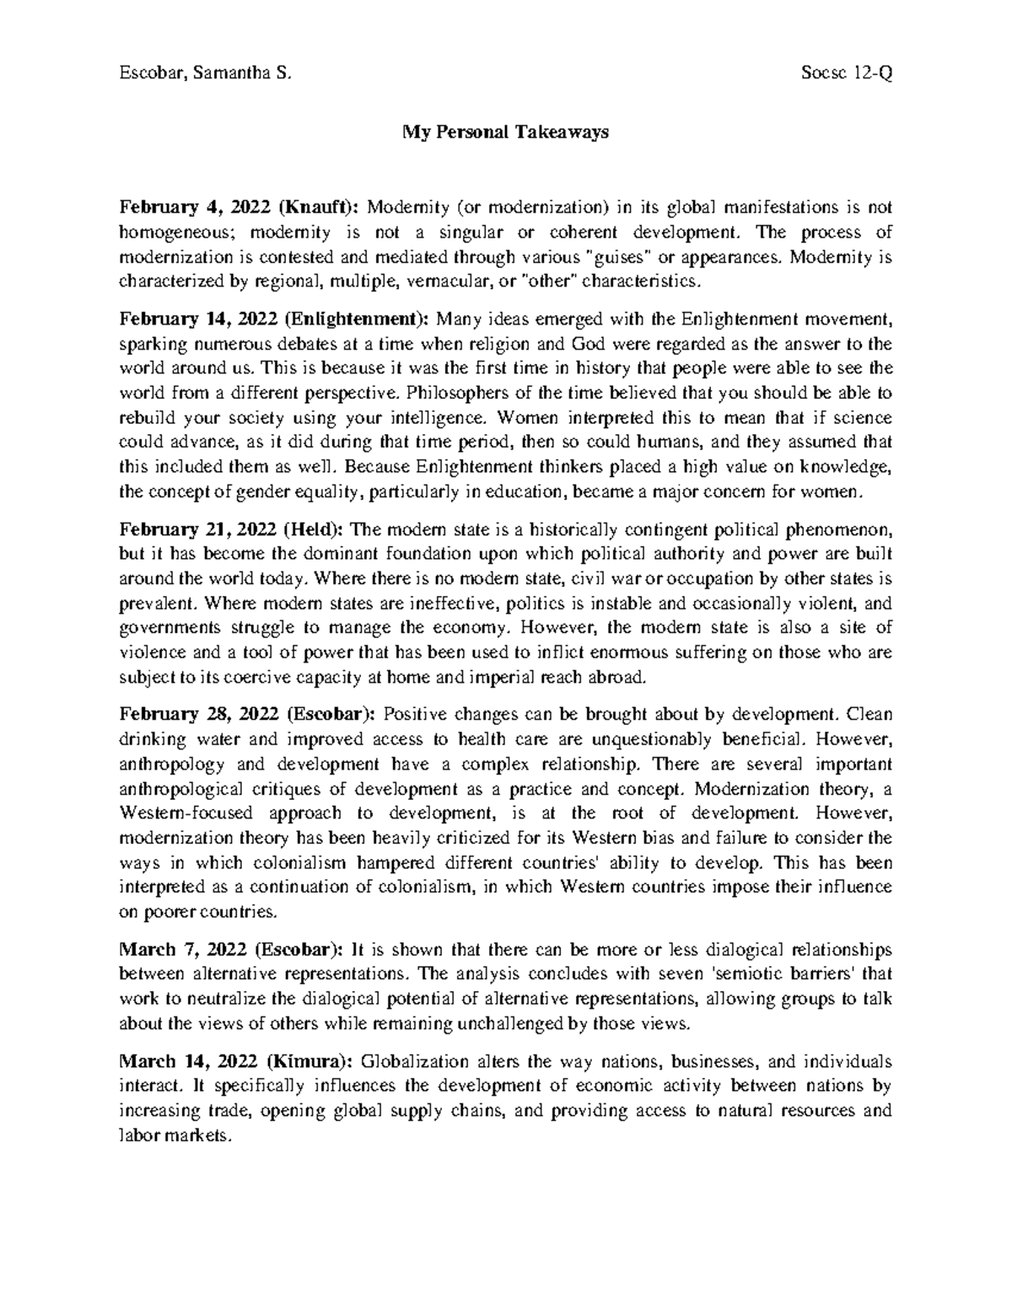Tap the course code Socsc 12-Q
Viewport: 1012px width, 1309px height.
tap(848, 73)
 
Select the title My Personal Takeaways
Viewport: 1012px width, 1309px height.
tap(505, 132)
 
